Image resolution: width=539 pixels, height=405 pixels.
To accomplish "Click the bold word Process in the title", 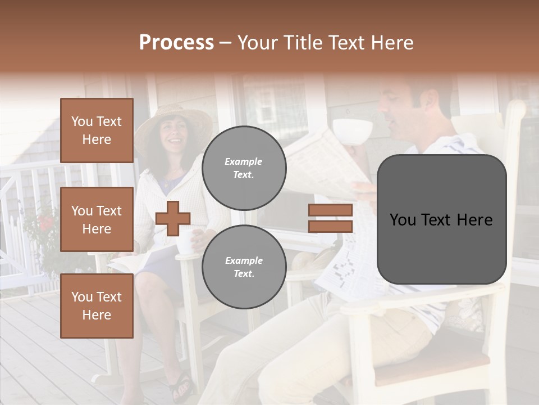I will pos(176,43).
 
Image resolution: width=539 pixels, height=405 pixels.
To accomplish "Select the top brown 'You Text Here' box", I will pos(97,130).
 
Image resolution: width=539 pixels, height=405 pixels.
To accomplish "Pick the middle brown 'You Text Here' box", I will pos(97,219).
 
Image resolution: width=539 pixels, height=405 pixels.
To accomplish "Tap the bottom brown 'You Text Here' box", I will pos(97,305).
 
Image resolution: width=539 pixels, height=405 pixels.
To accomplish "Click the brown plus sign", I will pos(173,218).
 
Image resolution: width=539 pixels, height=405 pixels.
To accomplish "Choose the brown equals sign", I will pos(330,218).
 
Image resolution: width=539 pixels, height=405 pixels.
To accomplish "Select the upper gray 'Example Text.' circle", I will pos(244,168).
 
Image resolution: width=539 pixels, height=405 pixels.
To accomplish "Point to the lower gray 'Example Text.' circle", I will pos(244,267).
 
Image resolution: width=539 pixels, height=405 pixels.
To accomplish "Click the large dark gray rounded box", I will pos(441,219).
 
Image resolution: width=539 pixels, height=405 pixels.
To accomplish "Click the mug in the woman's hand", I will pos(186,242).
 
